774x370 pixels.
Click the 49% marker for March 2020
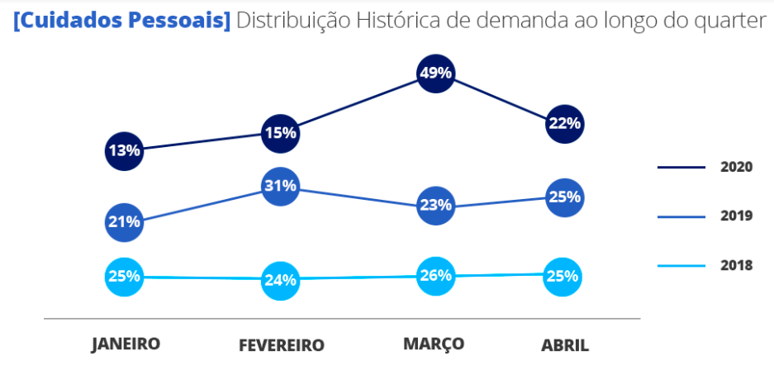point(435,73)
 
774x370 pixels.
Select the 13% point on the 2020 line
point(124,150)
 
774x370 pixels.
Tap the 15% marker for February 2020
point(280,133)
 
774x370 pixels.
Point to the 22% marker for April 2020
point(564,124)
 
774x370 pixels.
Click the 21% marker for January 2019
point(124,221)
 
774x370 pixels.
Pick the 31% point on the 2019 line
point(280,186)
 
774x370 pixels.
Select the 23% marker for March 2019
point(435,205)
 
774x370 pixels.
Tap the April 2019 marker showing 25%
point(564,197)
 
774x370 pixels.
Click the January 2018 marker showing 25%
point(124,276)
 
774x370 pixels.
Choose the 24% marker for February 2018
point(280,280)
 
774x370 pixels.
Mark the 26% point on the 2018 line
point(435,276)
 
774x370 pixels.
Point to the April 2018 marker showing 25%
point(564,276)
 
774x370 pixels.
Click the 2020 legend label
point(736,167)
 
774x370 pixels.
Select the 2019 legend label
point(736,216)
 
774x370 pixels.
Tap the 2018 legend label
point(736,265)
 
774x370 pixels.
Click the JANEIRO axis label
point(126,344)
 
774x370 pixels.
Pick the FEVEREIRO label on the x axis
point(281,344)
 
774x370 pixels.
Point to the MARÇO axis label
point(434,344)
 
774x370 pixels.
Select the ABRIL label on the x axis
point(565,344)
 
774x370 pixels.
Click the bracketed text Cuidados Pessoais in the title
point(122,21)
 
